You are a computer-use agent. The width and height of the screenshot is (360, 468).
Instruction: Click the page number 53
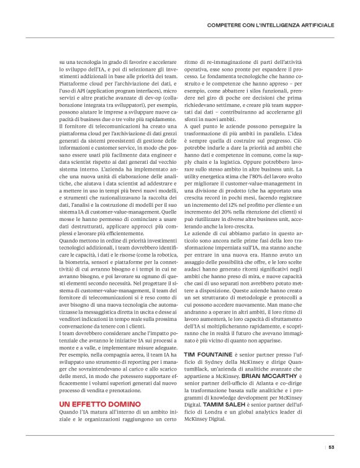point(331,447)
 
